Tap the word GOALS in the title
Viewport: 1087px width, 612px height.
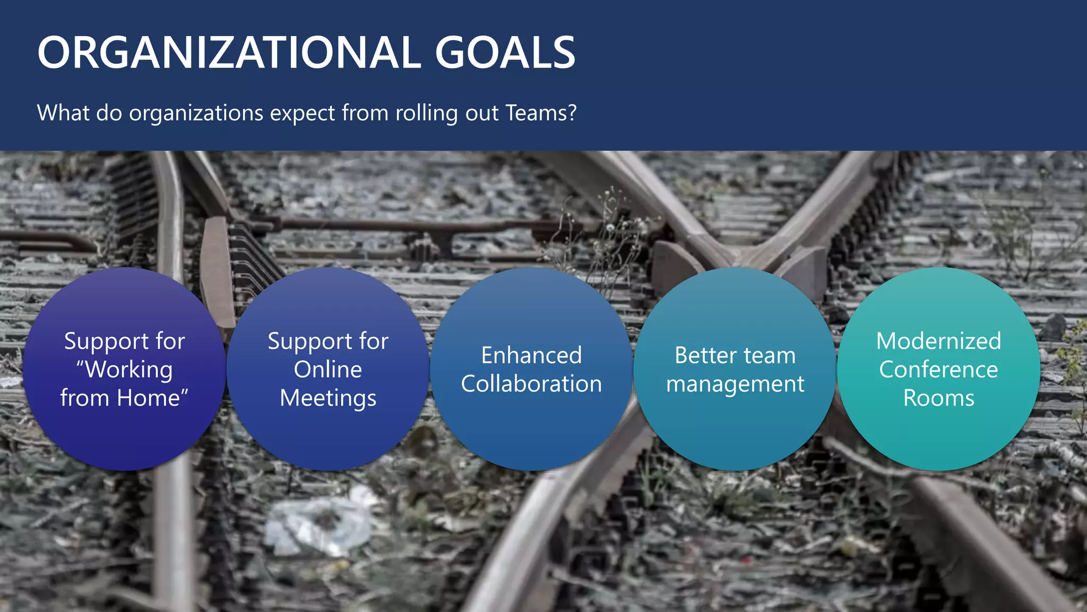pyautogui.click(x=505, y=53)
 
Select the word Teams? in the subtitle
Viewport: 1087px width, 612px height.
pyautogui.click(x=540, y=113)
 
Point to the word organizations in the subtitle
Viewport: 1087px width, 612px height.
pyautogui.click(x=196, y=113)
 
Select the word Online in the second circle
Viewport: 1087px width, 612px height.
pyautogui.click(x=328, y=369)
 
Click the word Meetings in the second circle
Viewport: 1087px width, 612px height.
pyautogui.click(x=328, y=398)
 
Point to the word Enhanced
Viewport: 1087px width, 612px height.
pyautogui.click(x=531, y=355)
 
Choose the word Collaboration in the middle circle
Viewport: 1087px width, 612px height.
pyautogui.click(x=531, y=384)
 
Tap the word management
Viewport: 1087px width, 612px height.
pyautogui.click(x=735, y=384)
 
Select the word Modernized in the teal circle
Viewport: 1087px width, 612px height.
pyautogui.click(x=938, y=341)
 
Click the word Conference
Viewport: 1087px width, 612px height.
pyautogui.click(x=938, y=369)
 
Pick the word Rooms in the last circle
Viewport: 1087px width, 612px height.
pyautogui.click(x=938, y=398)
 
